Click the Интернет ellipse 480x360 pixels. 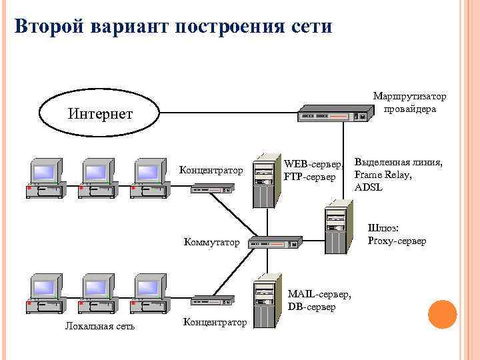click(x=100, y=114)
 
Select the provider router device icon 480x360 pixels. click(x=333, y=114)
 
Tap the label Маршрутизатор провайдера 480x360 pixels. click(x=409, y=103)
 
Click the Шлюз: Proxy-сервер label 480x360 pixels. click(x=397, y=235)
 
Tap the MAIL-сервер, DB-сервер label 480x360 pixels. click(x=319, y=301)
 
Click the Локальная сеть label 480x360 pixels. click(x=99, y=326)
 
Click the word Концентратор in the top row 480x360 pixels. click(x=211, y=171)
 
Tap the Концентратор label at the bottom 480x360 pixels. click(x=214, y=323)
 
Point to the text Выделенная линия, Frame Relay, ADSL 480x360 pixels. click(x=398, y=175)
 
